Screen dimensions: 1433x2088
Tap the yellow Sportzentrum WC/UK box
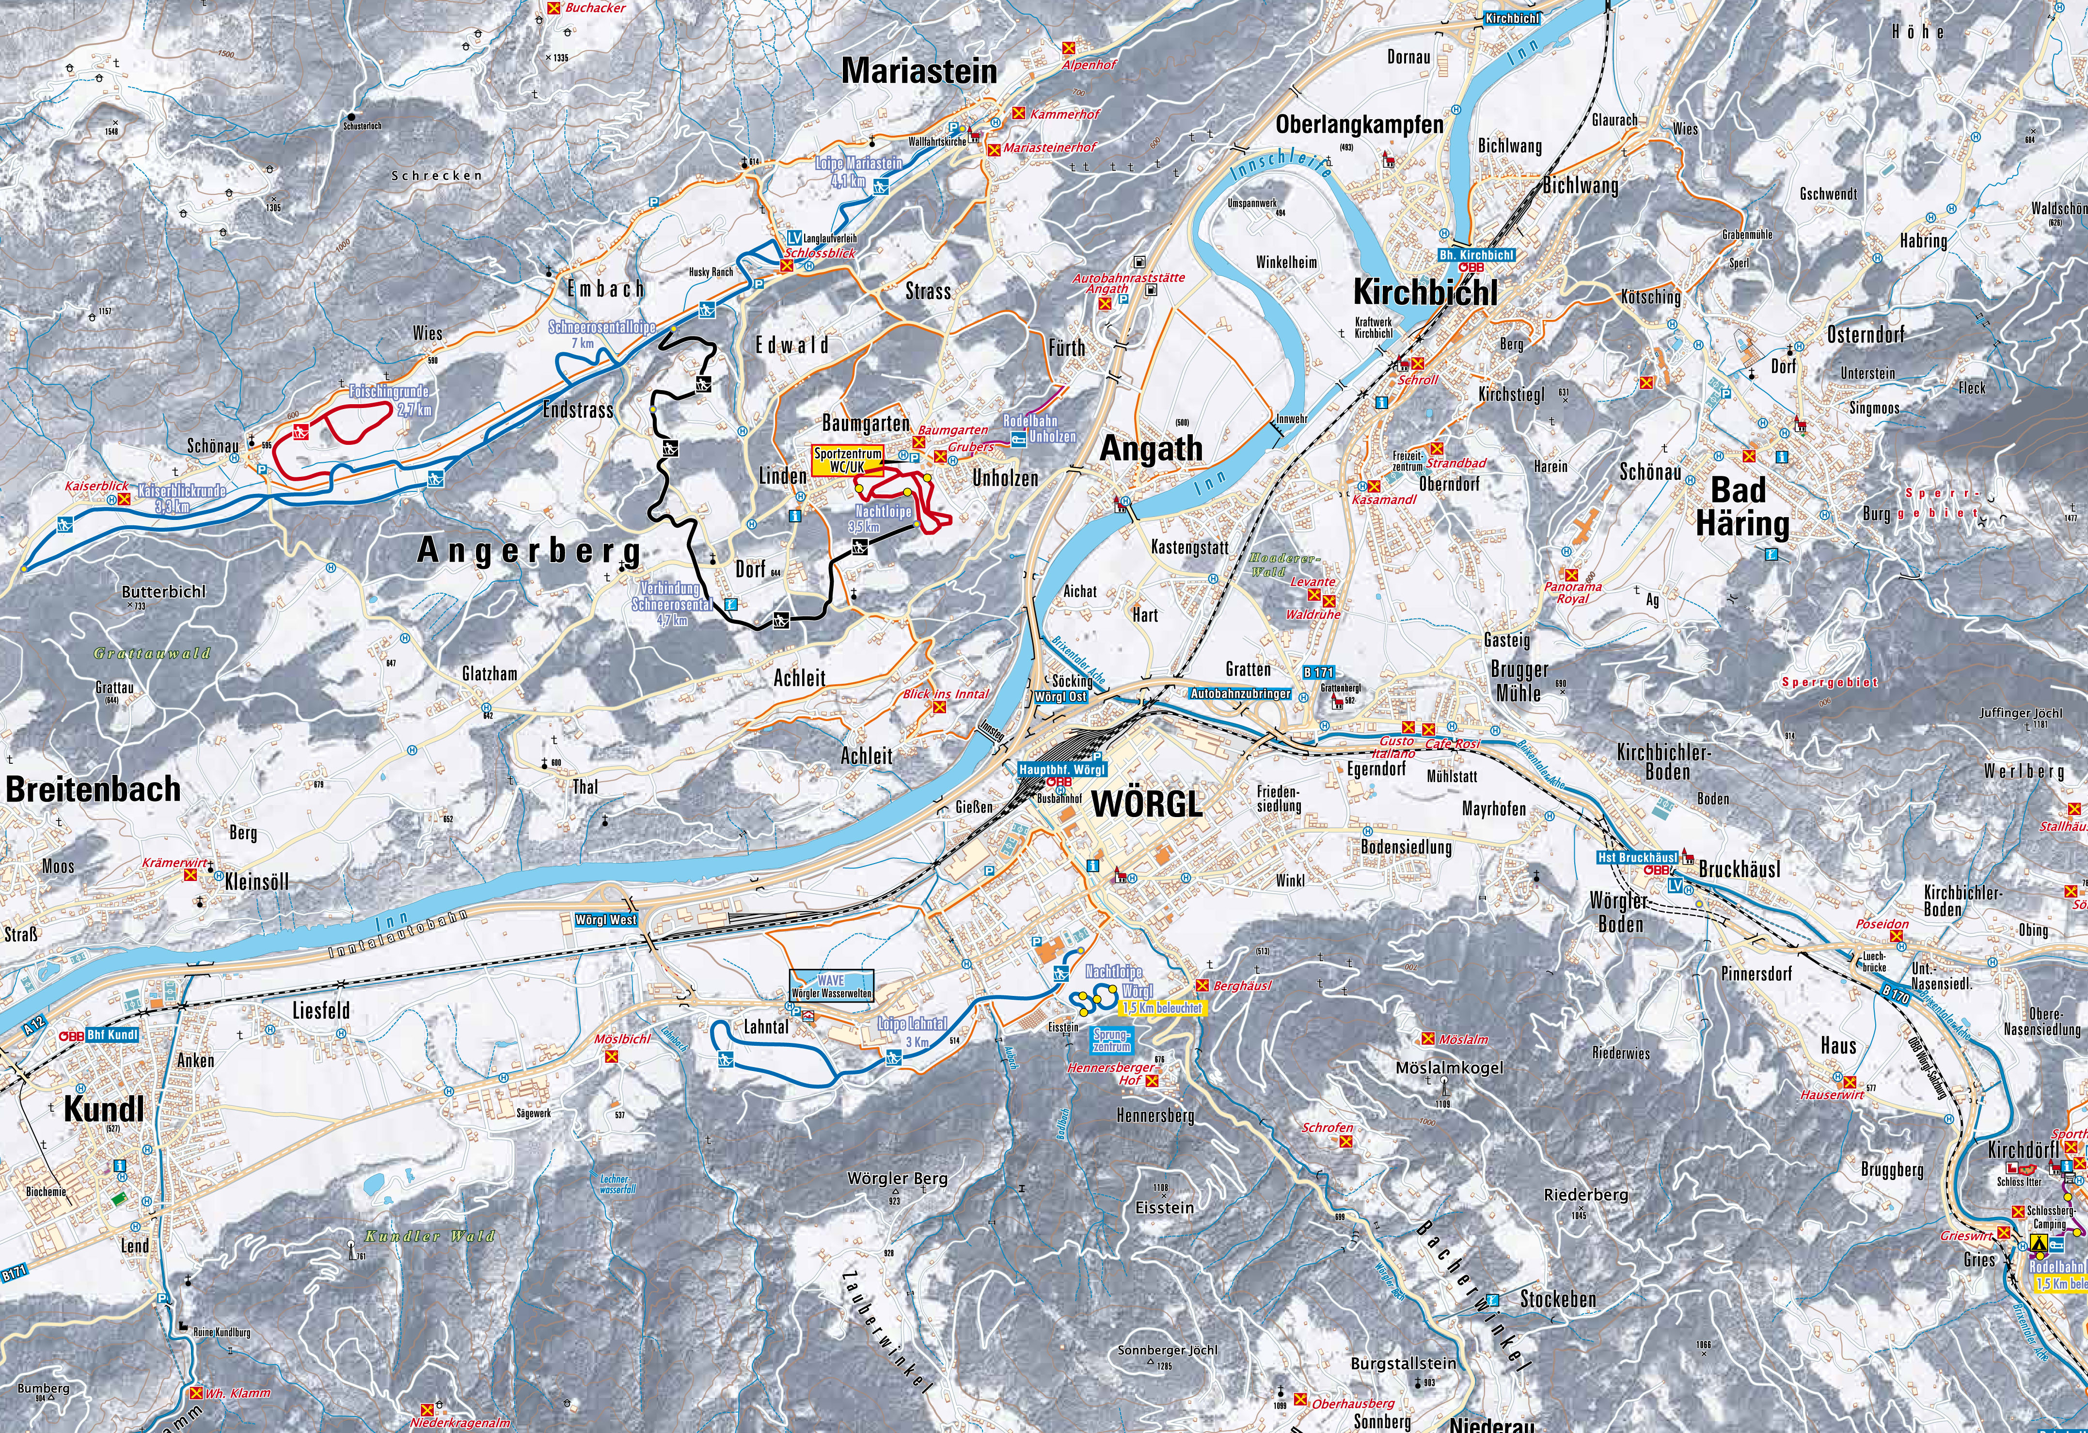(847, 460)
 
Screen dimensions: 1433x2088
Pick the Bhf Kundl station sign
(111, 1034)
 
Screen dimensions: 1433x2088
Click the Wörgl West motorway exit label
(607, 920)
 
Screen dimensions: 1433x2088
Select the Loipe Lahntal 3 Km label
(912, 1031)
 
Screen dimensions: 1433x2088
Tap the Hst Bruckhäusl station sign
(1637, 857)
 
